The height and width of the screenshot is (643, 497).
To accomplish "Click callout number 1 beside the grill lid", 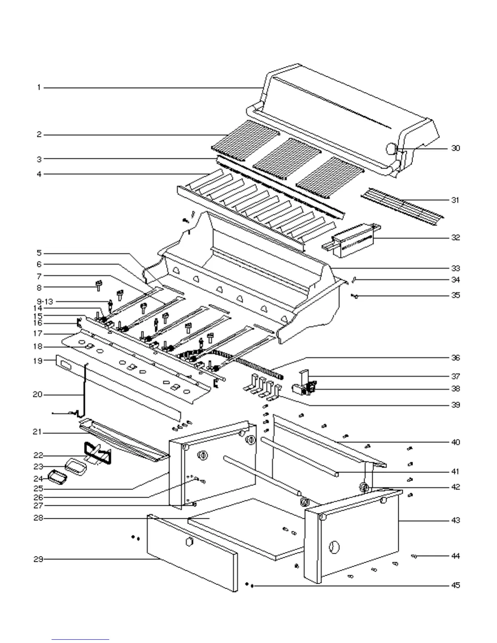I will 39,87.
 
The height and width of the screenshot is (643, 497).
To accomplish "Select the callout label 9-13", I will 45,302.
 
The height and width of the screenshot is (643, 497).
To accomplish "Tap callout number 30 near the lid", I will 456,148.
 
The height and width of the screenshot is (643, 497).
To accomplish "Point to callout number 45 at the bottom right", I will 456,585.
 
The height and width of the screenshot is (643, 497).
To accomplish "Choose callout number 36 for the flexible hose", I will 456,358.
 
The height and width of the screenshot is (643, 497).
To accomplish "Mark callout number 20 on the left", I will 38,395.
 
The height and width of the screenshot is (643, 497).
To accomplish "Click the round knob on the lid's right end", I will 391,149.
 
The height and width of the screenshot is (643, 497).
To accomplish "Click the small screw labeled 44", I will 415,557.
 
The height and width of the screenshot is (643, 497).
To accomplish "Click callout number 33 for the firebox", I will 456,268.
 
